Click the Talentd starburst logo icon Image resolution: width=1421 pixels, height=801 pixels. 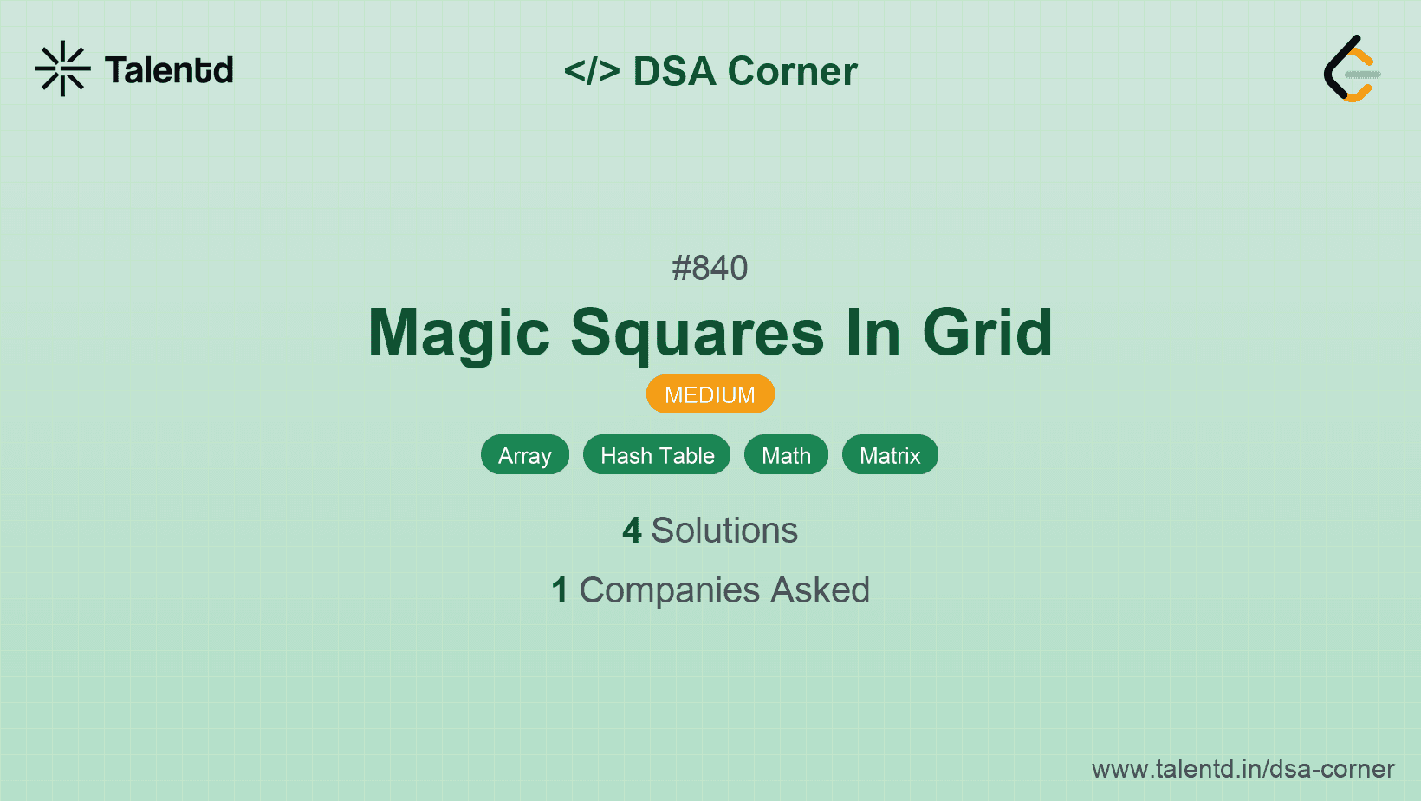[x=62, y=68]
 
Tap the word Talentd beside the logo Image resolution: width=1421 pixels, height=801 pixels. [x=169, y=70]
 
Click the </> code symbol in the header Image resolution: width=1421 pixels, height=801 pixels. [x=592, y=70]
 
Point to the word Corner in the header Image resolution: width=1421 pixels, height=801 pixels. [x=792, y=71]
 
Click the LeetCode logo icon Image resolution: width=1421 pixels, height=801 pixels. [x=1351, y=68]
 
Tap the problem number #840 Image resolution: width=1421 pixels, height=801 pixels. [x=710, y=268]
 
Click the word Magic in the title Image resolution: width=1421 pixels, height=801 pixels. [x=458, y=333]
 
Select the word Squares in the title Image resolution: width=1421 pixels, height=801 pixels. [x=698, y=333]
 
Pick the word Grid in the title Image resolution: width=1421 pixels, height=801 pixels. [x=987, y=332]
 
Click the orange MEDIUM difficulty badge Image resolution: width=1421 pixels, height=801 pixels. [x=710, y=394]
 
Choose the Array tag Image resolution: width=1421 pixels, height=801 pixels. [x=524, y=454]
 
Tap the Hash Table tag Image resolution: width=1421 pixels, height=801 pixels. [x=657, y=454]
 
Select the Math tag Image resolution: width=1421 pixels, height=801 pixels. [x=786, y=454]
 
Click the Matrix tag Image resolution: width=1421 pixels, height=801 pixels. [x=889, y=454]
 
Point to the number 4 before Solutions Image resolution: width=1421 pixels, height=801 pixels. [x=632, y=531]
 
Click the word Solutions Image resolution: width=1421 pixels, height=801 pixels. [x=724, y=530]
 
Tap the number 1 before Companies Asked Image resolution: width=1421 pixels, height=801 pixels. [x=560, y=590]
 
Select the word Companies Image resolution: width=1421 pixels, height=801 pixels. [x=669, y=590]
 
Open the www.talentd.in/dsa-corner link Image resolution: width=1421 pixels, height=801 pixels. [x=1243, y=769]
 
